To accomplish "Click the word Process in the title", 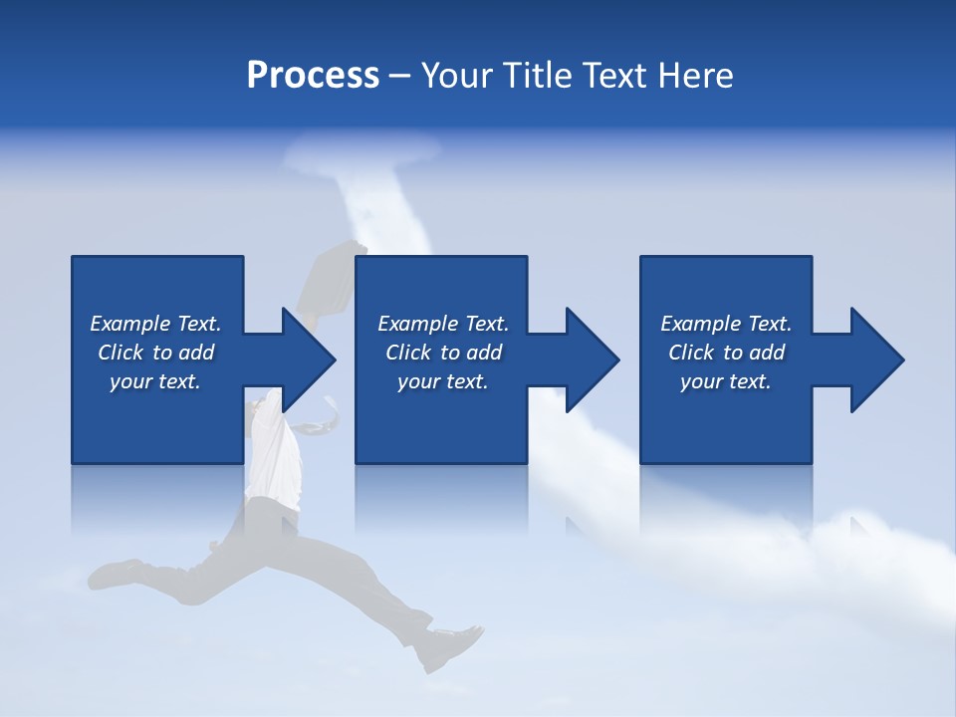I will pos(313,76).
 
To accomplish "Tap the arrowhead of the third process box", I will pos(875,359).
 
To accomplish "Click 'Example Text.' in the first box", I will pos(155,324).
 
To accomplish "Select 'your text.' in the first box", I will pos(155,381).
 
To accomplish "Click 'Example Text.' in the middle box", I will pos(443,324).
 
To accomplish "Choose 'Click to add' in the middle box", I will pos(443,353).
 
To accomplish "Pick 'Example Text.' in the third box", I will pos(726,324).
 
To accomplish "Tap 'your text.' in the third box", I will pos(726,381).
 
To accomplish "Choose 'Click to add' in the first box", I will pos(155,353).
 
